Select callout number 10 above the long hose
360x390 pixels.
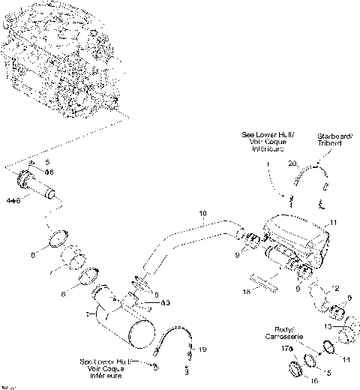202,214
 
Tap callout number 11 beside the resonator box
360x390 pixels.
334,223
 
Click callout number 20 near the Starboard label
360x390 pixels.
292,163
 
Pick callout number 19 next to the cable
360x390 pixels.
200,349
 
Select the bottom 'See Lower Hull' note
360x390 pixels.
104,367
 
